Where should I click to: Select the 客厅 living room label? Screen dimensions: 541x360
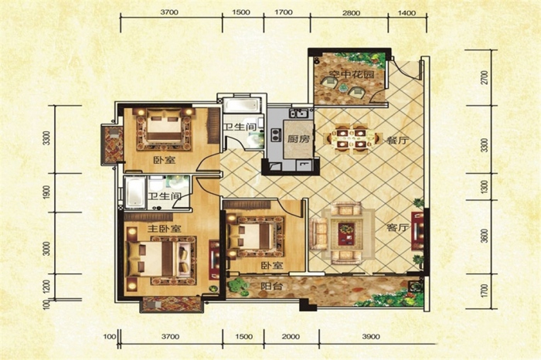(397, 228)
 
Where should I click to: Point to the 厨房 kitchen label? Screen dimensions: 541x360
(298, 139)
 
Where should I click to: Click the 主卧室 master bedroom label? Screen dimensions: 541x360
(164, 229)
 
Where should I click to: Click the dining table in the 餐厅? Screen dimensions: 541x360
(351, 138)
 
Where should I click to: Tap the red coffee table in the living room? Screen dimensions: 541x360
(346, 233)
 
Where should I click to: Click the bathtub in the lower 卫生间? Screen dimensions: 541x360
(135, 193)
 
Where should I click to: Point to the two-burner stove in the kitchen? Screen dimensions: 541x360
(276, 134)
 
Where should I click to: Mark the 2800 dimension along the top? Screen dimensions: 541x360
(352, 13)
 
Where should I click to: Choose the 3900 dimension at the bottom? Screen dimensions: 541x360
(371, 337)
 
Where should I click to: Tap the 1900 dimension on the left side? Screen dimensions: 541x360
(46, 192)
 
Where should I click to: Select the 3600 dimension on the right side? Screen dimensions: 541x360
(485, 236)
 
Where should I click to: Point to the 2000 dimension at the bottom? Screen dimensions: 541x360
(291, 337)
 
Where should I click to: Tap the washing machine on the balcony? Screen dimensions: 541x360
(415, 286)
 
